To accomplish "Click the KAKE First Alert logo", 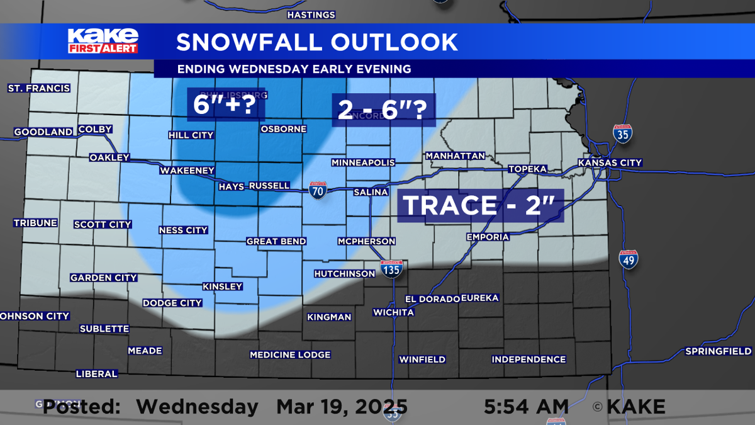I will [103, 41].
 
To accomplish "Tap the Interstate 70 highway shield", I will [318, 190].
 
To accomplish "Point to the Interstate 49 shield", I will [629, 259].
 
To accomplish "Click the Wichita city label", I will [393, 312].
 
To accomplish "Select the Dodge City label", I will [172, 303].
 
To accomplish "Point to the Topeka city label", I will [527, 169].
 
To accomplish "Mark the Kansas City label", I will [610, 162].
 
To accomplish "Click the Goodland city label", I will [43, 132].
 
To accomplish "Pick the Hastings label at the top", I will [311, 14].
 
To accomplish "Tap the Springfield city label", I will [718, 351].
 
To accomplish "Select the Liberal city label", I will [96, 374].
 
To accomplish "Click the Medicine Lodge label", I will [290, 355].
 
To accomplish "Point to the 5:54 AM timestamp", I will [527, 406].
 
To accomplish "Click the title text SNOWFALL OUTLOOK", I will [316, 42].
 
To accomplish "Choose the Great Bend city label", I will [276, 241].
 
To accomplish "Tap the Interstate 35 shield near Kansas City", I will [622, 133].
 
